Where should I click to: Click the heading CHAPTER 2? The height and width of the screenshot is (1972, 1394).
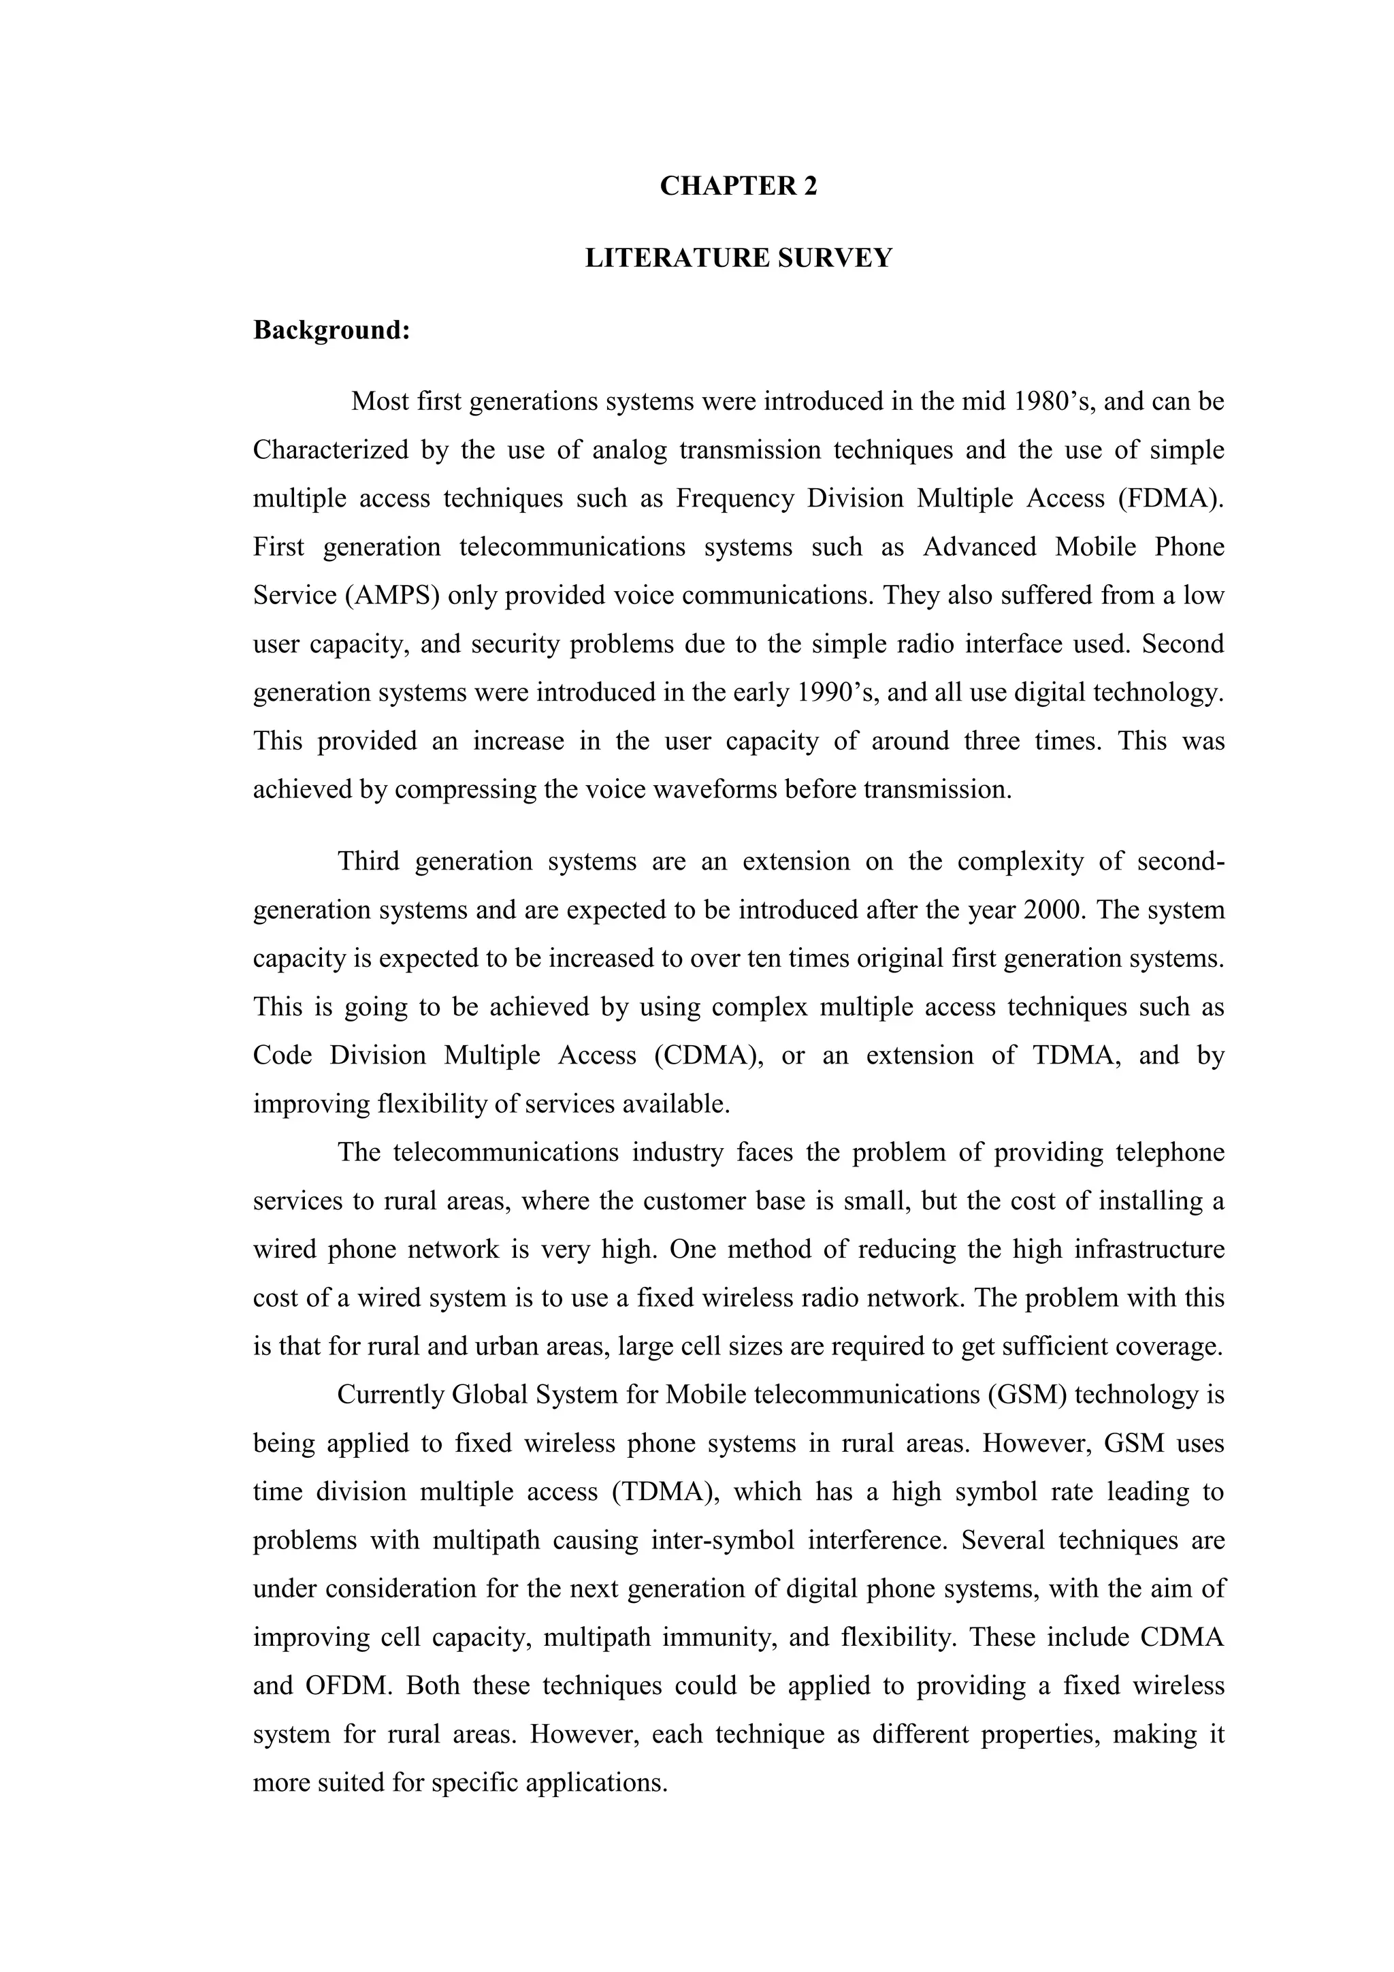pos(739,187)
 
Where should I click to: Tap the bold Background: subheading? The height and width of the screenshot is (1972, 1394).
pos(331,330)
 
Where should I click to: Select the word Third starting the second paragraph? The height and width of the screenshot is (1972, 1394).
pos(368,861)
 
